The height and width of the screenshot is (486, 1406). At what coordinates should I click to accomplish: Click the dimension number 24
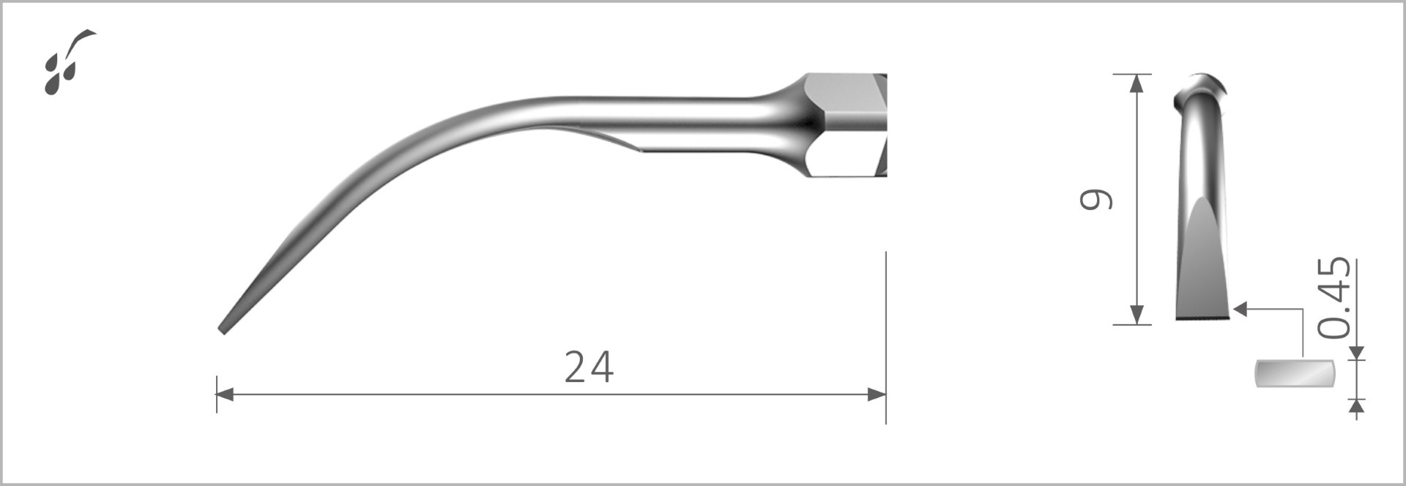(x=589, y=367)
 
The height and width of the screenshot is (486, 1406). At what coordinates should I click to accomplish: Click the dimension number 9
(x=1096, y=199)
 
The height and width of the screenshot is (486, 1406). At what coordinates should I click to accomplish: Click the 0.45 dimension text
(x=1334, y=298)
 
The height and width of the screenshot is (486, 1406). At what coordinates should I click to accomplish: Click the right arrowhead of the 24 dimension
(x=877, y=395)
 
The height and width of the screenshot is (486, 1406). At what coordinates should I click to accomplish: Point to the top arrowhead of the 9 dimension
(x=1137, y=83)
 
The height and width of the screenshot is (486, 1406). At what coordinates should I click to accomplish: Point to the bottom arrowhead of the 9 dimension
(x=1137, y=315)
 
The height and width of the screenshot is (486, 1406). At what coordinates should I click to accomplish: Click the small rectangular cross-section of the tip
(x=1295, y=373)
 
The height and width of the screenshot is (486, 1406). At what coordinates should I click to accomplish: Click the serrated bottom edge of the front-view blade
(x=1204, y=318)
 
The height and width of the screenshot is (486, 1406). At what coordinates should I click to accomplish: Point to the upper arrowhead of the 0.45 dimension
(x=1357, y=352)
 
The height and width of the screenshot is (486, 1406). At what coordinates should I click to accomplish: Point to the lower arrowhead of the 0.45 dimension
(x=1357, y=405)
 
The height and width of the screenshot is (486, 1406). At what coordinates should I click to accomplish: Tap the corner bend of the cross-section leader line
(x=1303, y=310)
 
